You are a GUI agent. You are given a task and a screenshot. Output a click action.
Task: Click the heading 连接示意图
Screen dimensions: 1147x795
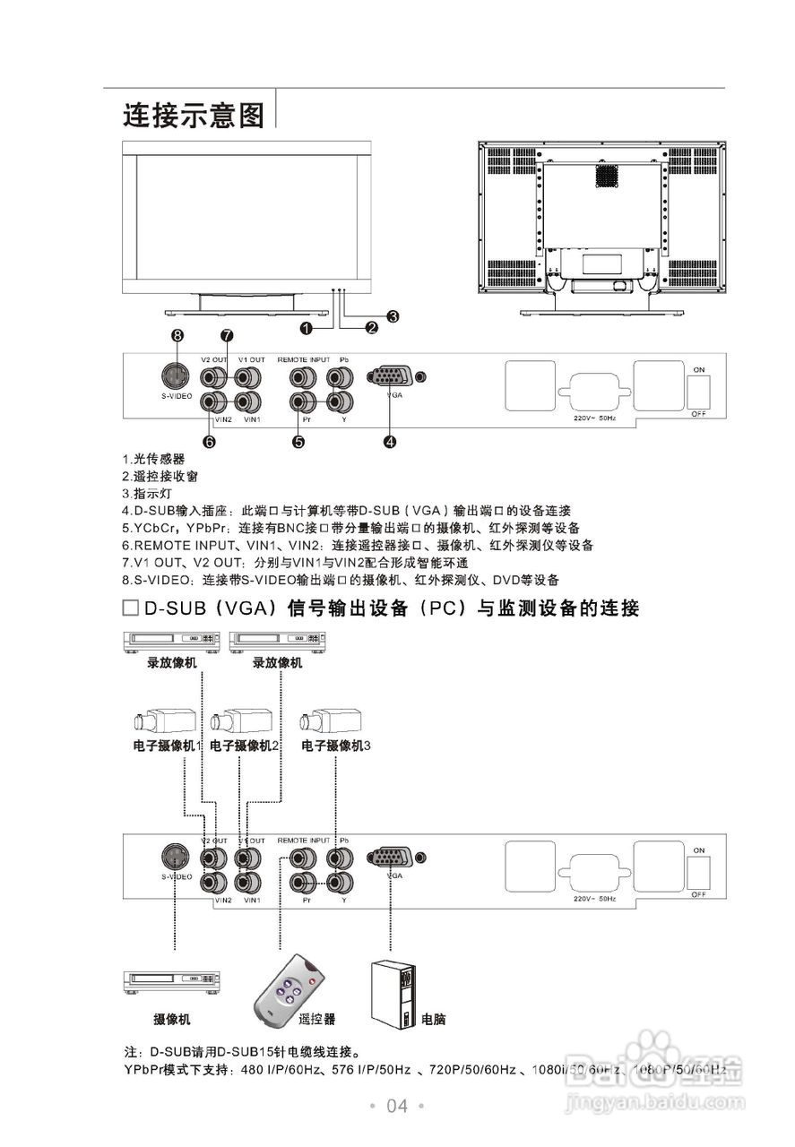coord(194,115)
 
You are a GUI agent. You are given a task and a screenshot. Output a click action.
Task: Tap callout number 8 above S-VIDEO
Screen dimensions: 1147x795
coord(177,335)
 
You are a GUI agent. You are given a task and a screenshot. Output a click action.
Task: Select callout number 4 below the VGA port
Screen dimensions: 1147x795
coord(390,441)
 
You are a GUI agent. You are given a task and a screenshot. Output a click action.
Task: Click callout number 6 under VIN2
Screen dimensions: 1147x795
coord(209,441)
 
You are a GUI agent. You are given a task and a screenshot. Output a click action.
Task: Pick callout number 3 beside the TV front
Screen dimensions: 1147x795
coord(393,315)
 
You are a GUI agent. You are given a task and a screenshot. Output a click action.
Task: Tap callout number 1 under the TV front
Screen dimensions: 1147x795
coord(307,328)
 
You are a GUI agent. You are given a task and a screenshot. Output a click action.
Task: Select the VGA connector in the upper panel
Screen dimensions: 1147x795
coord(390,377)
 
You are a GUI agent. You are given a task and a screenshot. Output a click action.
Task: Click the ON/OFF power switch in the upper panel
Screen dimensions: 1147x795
coord(699,391)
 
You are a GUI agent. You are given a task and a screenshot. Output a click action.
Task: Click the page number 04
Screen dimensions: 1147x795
coord(397,1107)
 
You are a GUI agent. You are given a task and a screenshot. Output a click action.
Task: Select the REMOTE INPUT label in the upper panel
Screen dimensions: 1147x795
coord(304,359)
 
